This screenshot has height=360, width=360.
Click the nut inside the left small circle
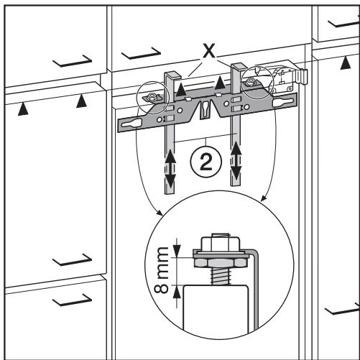pyautogui.click(x=151, y=98)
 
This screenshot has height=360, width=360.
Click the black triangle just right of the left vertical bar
pyautogui.click(x=182, y=89)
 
